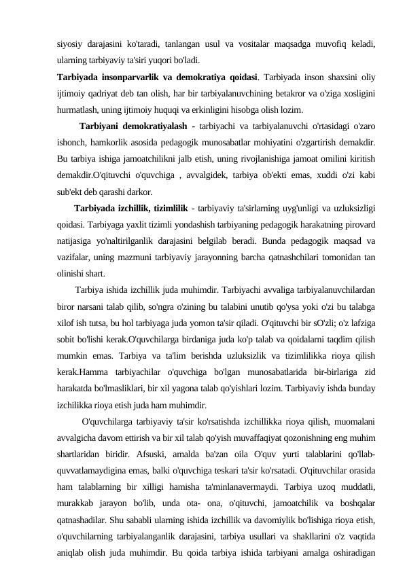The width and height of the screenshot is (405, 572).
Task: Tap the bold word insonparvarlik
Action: click(x=132, y=75)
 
